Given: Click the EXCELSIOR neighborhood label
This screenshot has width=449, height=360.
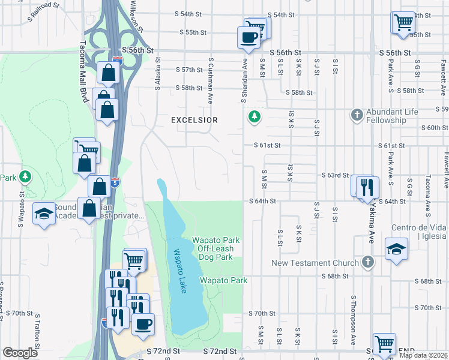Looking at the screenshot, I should coord(194,120).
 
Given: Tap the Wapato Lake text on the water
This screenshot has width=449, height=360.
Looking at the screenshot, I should coord(179,272).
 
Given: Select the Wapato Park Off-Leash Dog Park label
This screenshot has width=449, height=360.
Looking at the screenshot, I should coord(215,248).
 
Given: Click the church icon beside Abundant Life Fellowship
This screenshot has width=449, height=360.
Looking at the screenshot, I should coord(357,113).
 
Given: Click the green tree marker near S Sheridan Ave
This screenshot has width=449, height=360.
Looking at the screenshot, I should coord(255,116).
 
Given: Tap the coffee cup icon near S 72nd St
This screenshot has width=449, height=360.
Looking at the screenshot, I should coord(143,325).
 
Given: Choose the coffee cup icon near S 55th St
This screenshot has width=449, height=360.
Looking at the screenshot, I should coord(249,38).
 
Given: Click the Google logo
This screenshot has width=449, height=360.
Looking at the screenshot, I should coord(20,353).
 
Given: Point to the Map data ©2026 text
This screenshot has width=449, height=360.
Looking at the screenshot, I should coord(423,355).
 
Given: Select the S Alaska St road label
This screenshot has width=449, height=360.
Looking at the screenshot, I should coord(157,74).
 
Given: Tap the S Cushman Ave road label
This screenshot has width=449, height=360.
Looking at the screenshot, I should coord(211,78).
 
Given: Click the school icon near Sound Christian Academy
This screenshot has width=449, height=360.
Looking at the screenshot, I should coord(44,214).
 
